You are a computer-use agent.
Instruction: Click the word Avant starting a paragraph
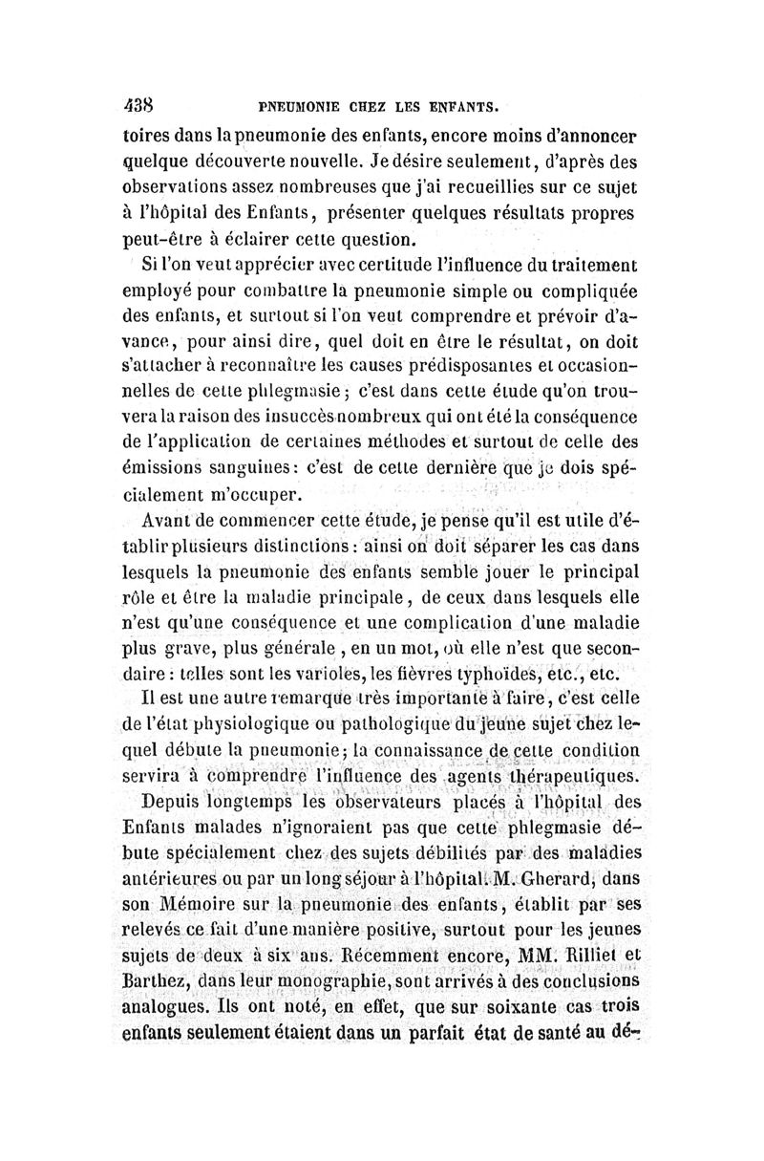coord(167,522)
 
